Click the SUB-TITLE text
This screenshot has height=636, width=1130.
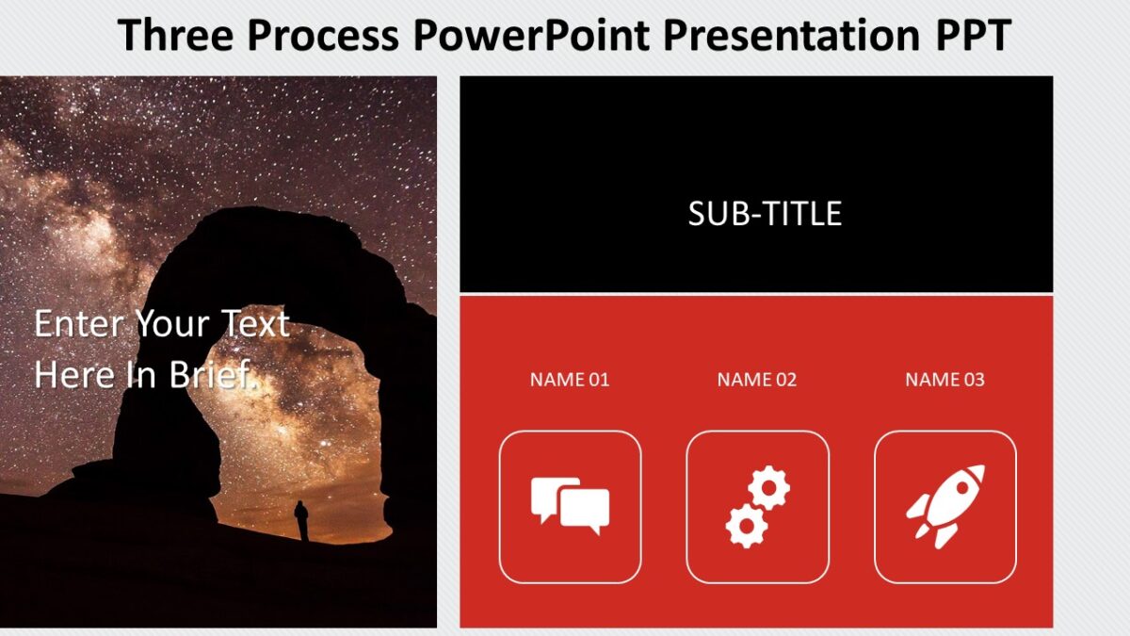pyautogui.click(x=764, y=214)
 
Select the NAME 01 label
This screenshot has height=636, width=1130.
pyautogui.click(x=570, y=380)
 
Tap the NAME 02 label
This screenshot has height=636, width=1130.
pyautogui.click(x=757, y=380)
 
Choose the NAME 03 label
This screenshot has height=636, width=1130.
pyautogui.click(x=944, y=380)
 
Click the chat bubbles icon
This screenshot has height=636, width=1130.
pyautogui.click(x=570, y=506)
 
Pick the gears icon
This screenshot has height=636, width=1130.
pyautogui.click(x=757, y=506)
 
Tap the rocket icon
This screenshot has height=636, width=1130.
pyautogui.click(x=945, y=506)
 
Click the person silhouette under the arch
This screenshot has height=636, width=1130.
pyautogui.click(x=301, y=520)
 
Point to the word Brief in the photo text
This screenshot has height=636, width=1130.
pyautogui.click(x=213, y=375)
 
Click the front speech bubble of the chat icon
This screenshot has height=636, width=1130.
pyautogui.click(x=585, y=511)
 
